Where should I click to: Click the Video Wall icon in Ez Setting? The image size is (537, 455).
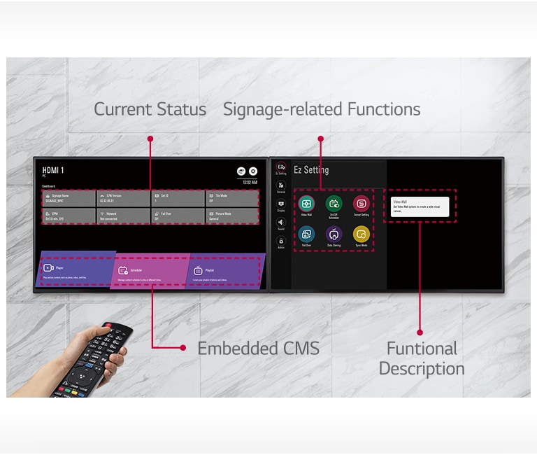306,204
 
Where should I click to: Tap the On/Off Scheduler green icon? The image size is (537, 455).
334,204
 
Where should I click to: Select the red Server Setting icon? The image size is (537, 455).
361,204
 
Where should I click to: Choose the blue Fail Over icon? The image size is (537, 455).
306,234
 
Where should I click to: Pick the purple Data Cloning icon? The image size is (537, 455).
334,234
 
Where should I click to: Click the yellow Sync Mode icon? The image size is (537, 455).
361,234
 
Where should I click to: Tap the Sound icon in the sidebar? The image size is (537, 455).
281,223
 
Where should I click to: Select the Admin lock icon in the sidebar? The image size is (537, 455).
281,241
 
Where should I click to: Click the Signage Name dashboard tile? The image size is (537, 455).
69,198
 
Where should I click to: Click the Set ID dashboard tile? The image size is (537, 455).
177,198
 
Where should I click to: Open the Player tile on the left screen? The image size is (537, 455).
76,271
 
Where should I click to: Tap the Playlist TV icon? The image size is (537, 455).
198,269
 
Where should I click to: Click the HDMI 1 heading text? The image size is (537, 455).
53,170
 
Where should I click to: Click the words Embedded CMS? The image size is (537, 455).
258,348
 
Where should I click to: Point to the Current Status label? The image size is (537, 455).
150,109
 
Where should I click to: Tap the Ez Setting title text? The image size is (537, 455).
310,170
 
